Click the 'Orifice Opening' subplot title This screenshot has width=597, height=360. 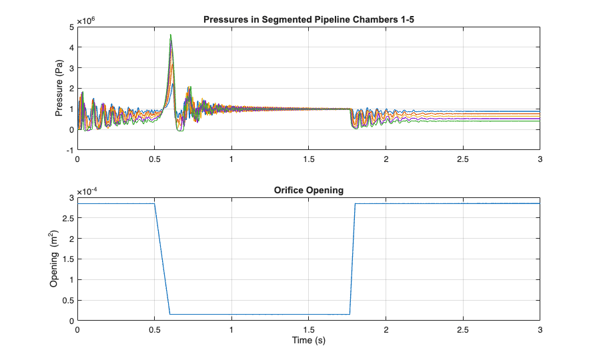coord(309,190)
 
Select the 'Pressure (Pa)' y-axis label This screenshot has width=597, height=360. coord(59,89)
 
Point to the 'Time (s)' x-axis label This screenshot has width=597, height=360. coord(309,341)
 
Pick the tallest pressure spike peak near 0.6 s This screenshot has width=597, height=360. coord(171,35)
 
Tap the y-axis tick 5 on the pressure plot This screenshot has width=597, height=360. coord(71,27)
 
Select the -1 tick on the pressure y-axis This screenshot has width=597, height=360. coord(69,150)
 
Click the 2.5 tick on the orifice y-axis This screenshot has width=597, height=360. coord(67,218)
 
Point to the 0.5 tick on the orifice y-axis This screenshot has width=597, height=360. coord(67,300)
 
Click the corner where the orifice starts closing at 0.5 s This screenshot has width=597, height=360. coord(155,204)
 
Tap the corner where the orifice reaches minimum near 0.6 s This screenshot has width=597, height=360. coord(170,314)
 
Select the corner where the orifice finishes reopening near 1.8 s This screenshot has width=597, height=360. coord(355,204)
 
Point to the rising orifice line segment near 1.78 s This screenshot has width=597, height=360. coord(352,260)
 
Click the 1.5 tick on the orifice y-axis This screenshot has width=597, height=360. coord(67,259)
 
